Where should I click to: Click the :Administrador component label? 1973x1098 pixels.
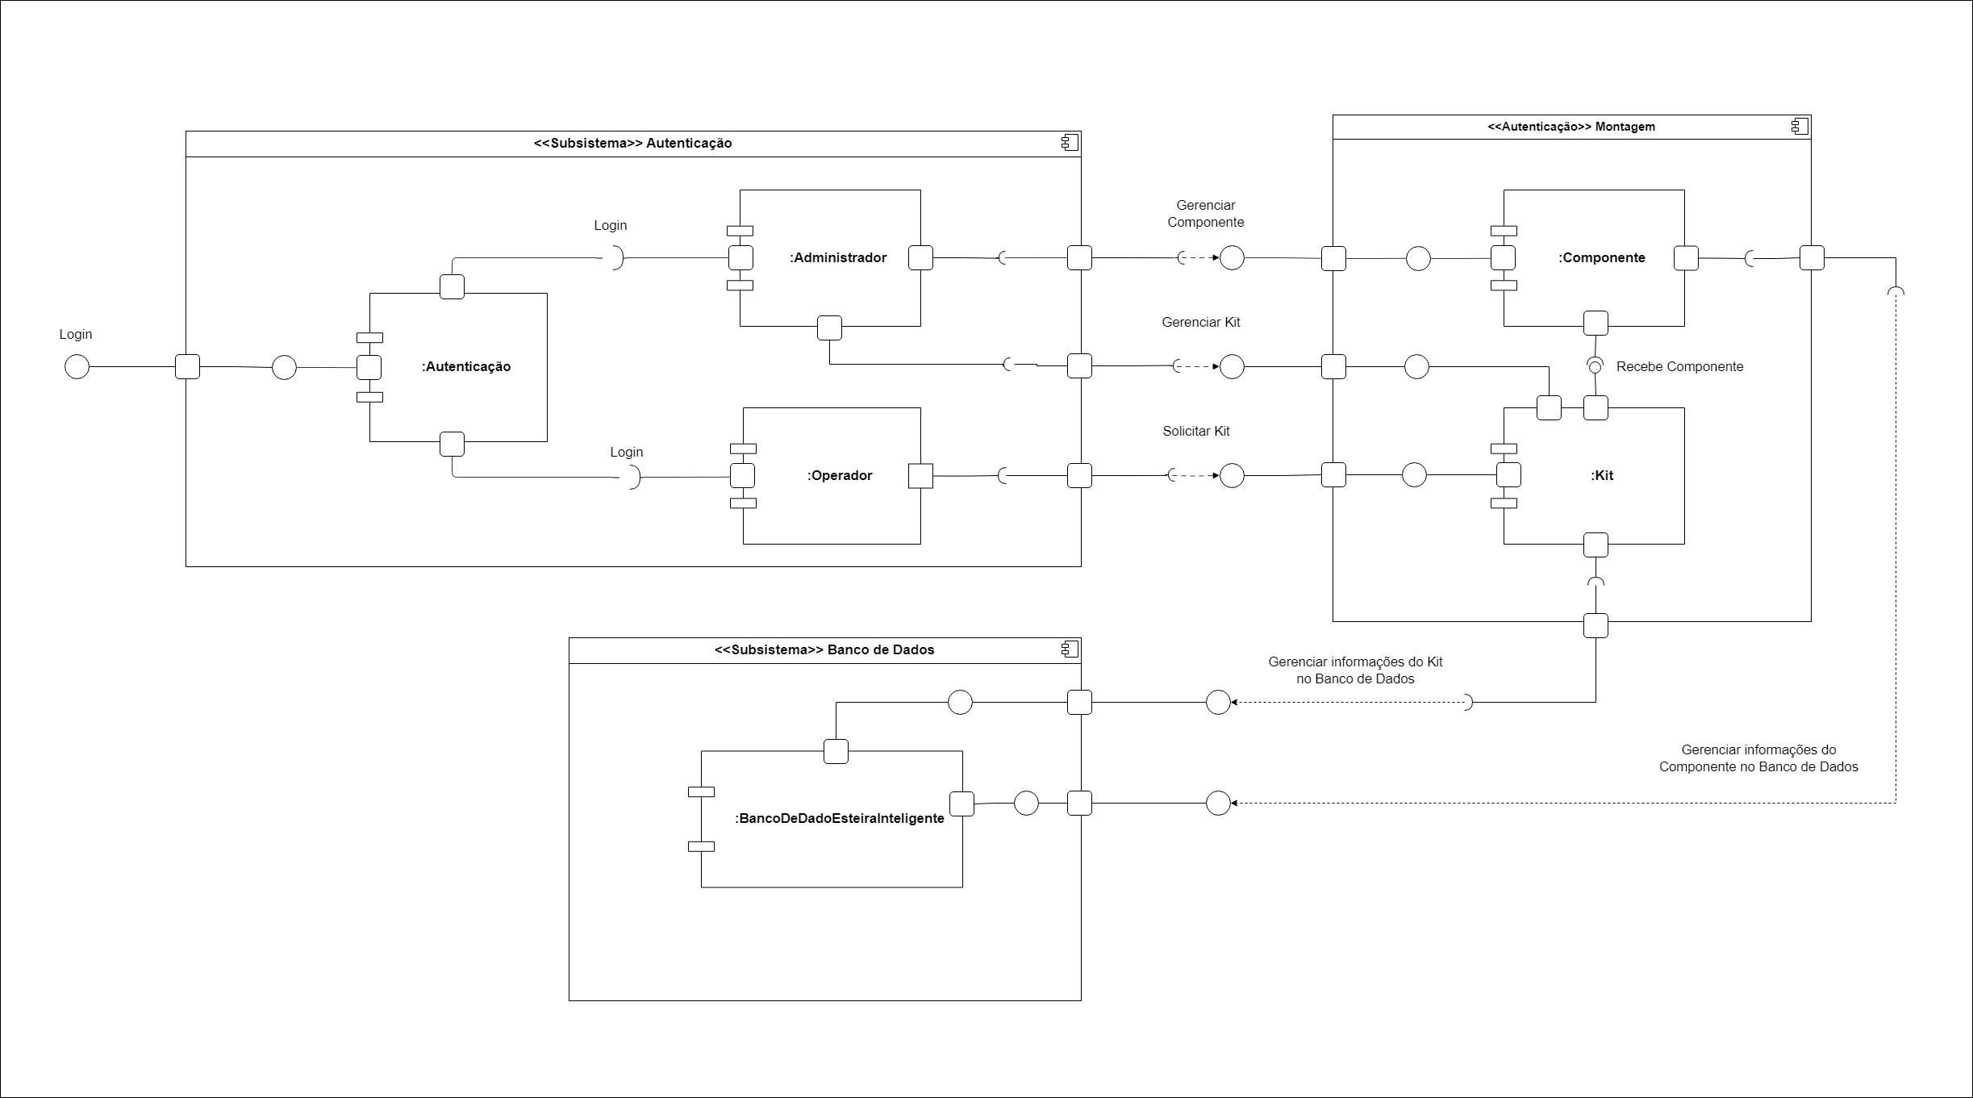tap(838, 258)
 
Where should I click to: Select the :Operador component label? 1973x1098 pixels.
tap(840, 476)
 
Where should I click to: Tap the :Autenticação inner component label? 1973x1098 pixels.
tap(466, 367)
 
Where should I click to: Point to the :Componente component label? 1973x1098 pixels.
tap(1602, 258)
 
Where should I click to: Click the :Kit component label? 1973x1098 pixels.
tap(1603, 476)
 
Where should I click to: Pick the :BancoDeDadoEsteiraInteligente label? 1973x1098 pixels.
tap(840, 818)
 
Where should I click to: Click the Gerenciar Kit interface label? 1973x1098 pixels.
tap(1201, 323)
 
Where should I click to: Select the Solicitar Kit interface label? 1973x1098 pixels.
tap(1196, 432)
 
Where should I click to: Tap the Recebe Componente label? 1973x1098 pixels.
tap(1679, 367)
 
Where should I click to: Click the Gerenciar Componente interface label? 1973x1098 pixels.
tap(1206, 214)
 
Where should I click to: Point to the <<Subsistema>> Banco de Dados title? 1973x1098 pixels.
tap(824, 650)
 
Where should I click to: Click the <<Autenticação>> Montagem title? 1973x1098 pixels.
tap(1571, 127)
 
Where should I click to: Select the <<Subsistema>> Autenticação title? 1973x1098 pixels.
tap(633, 144)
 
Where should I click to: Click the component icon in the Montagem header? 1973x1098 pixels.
tap(1800, 127)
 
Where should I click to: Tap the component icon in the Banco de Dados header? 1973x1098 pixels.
tap(1070, 649)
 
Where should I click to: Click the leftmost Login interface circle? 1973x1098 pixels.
tap(77, 367)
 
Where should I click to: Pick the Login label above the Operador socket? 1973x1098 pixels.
tap(627, 453)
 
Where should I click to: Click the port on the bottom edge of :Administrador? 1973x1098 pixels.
tap(829, 328)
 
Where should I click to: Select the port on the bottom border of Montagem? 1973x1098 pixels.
tap(1596, 625)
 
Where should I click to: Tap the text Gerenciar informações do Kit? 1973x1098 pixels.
tap(1355, 662)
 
